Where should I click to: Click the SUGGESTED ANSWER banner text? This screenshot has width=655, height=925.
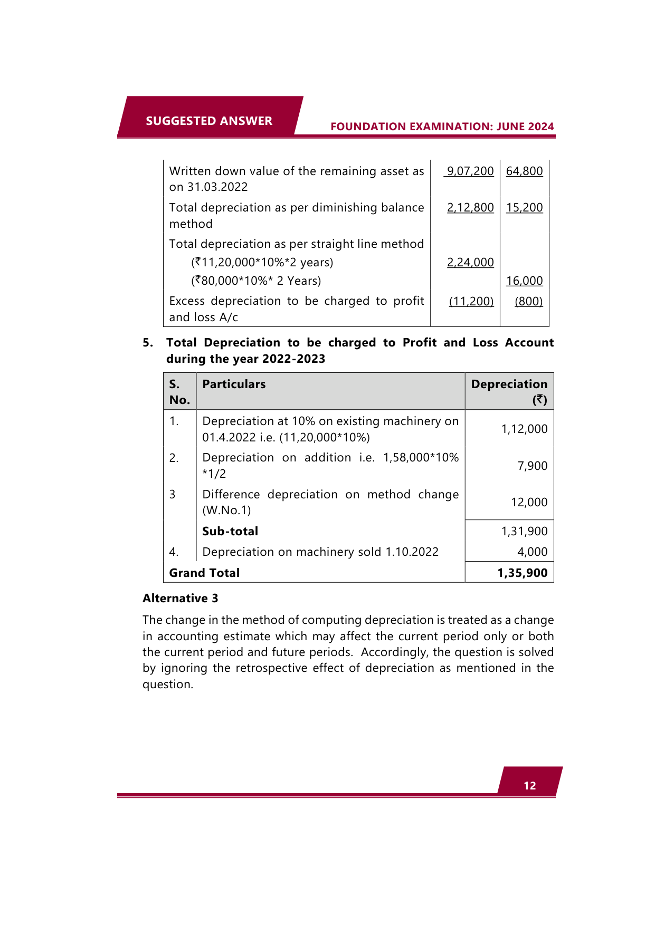(209, 121)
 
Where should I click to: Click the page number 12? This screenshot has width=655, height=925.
(529, 785)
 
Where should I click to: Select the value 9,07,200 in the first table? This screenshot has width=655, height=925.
(470, 171)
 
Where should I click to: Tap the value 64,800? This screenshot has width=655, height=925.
(524, 171)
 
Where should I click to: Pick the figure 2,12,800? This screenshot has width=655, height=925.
(470, 207)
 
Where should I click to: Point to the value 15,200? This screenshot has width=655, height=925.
(524, 207)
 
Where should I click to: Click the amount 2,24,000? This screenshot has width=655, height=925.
(470, 262)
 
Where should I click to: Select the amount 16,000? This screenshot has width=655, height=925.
(524, 281)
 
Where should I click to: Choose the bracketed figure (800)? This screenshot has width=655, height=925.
(528, 301)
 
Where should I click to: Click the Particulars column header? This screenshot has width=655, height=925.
(234, 384)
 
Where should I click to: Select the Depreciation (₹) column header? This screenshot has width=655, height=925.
(509, 391)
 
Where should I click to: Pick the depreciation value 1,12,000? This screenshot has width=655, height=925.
(524, 429)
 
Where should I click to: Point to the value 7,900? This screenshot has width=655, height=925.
(532, 466)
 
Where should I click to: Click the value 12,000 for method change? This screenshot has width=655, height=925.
(529, 502)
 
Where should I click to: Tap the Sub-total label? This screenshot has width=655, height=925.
(230, 531)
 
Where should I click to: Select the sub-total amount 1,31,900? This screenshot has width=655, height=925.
(524, 531)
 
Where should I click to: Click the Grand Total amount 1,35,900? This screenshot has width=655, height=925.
(522, 573)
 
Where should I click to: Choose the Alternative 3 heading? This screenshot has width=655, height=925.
(180, 598)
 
